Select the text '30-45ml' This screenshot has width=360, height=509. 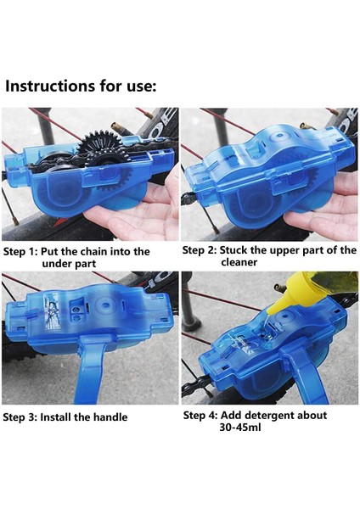(x=240, y=428)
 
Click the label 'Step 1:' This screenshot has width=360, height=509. (x=20, y=252)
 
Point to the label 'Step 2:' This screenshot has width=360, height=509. (x=200, y=250)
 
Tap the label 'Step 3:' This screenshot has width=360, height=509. (x=20, y=417)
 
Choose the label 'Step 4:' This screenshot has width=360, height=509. (x=200, y=416)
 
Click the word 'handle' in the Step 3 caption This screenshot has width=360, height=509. (x=110, y=417)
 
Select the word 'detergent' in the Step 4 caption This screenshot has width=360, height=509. (x=266, y=416)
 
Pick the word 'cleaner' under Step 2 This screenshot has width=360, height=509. (x=239, y=262)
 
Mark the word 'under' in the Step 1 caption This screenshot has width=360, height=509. (x=55, y=264)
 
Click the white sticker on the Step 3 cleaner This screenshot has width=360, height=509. (x=52, y=311)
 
